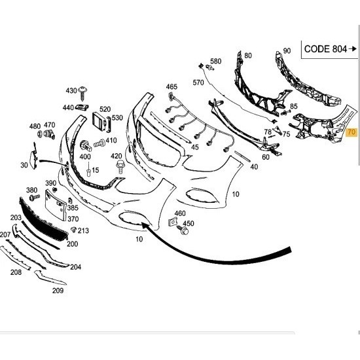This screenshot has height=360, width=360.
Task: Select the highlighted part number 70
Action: [351, 132]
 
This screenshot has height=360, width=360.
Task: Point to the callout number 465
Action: [171, 86]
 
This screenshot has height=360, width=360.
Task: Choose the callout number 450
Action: [189, 225]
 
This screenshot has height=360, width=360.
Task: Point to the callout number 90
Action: [286, 50]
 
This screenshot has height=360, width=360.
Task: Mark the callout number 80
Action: [247, 56]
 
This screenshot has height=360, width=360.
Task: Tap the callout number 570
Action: [198, 82]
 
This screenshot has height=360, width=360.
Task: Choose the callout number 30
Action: [24, 166]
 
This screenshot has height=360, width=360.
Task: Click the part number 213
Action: [84, 230]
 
